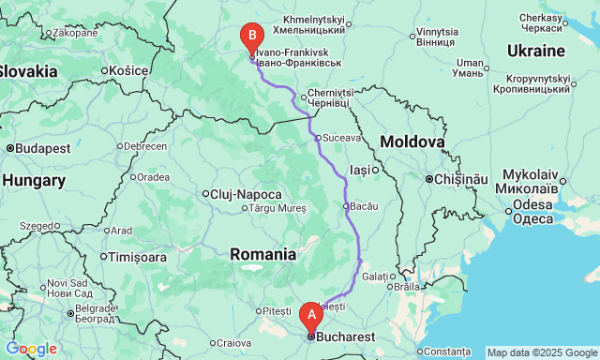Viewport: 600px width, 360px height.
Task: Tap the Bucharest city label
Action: pyautogui.click(x=346, y=337)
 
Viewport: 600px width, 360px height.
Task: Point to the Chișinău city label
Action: pyautogui.click(x=459, y=178)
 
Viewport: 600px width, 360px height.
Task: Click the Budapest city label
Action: pyautogui.click(x=41, y=148)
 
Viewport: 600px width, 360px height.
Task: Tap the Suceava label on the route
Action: pyautogui.click(x=342, y=138)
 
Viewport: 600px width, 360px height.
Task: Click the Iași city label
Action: pyautogui.click(x=361, y=170)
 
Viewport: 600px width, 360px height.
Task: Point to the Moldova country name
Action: pyautogui.click(x=412, y=142)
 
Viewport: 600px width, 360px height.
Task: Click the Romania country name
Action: pyautogui.click(x=263, y=253)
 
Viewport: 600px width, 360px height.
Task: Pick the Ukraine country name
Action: pyautogui.click(x=535, y=50)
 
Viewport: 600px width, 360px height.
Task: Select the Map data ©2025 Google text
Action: pyautogui.click(x=541, y=353)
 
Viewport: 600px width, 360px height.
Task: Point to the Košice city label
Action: pyautogui.click(x=128, y=70)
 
